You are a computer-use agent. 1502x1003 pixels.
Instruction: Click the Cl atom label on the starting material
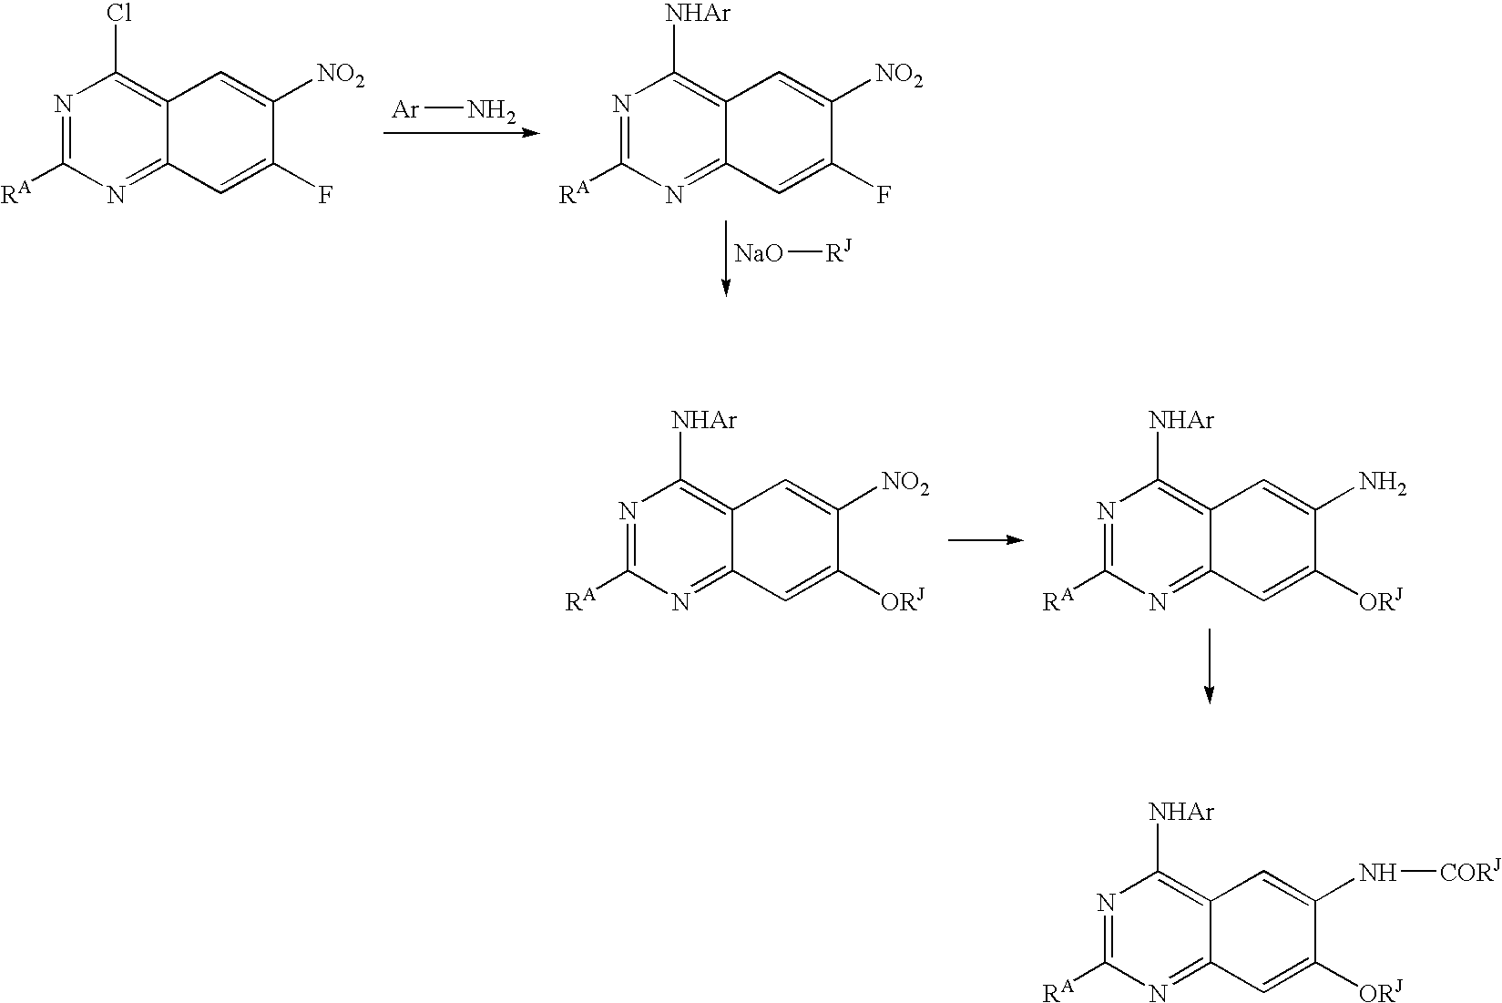(119, 14)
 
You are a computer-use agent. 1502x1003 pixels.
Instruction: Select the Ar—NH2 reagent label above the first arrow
(454, 110)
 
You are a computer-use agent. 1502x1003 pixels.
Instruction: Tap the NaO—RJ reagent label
(794, 253)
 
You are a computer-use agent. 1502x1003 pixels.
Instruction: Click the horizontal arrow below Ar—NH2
(461, 133)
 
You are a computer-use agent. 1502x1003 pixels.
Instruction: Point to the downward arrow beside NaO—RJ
(725, 258)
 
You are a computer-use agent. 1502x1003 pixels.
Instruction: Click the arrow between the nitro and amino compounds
(986, 539)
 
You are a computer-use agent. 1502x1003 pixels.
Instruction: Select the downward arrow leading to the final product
(1209, 666)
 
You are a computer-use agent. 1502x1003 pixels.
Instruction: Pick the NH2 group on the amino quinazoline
(1382, 484)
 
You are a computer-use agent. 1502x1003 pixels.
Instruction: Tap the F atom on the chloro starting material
(325, 196)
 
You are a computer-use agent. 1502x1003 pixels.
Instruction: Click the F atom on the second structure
(884, 196)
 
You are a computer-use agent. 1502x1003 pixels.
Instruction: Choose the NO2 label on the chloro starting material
(341, 75)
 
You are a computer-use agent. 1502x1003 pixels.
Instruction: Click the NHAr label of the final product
(1181, 812)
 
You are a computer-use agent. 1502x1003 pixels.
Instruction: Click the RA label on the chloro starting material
(16, 193)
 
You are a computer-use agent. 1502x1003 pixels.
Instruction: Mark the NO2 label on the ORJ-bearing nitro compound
(905, 483)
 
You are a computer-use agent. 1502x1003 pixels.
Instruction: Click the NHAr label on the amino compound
(1181, 420)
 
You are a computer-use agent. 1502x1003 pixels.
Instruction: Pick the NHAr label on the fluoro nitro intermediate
(698, 14)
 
